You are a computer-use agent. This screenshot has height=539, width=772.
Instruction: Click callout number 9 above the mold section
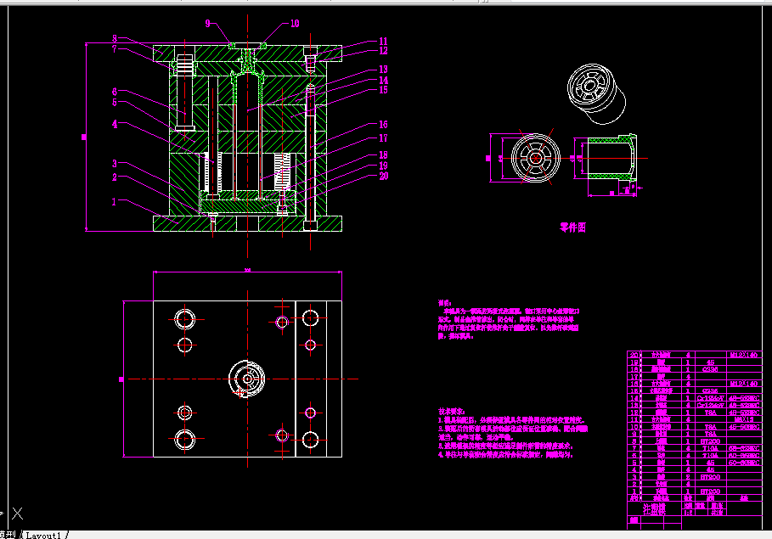207,24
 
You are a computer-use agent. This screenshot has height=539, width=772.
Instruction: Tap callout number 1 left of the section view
113,202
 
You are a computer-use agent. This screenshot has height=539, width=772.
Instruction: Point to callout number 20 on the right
383,177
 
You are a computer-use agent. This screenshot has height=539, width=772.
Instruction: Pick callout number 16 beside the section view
383,125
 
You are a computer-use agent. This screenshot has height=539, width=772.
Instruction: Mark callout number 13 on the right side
383,70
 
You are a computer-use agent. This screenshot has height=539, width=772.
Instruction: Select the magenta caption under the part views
572,227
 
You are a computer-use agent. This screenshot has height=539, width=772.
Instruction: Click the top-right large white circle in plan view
310,317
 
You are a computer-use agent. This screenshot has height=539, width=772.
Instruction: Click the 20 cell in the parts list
634,355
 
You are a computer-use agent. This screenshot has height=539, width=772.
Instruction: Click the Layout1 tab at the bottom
44,535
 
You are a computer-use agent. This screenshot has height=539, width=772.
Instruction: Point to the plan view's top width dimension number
247,271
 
